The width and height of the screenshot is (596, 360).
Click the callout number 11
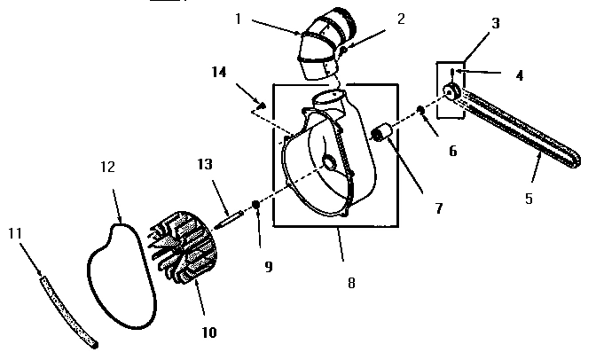14,233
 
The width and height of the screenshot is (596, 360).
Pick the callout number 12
107,166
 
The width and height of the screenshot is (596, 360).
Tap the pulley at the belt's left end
451,92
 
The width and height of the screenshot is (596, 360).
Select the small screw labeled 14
263,106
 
